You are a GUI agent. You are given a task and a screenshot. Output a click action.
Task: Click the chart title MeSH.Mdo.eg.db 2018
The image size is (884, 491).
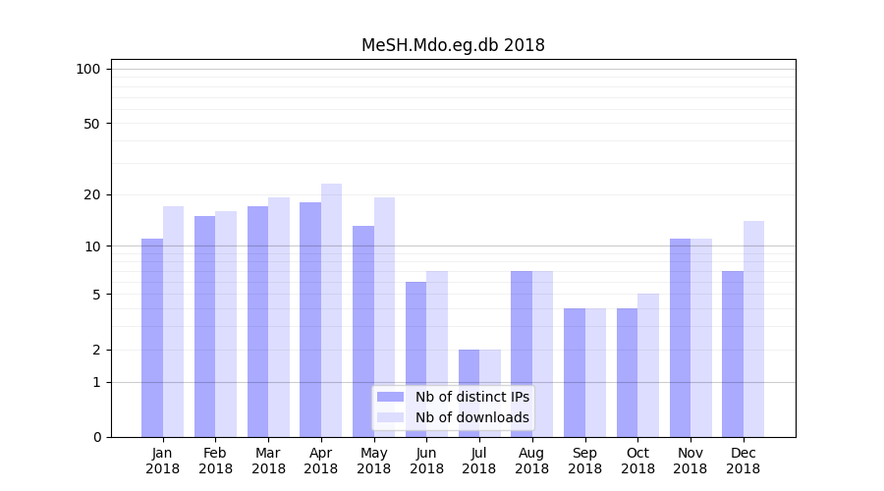(x=453, y=45)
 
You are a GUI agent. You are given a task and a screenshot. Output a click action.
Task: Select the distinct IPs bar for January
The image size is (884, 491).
(x=152, y=338)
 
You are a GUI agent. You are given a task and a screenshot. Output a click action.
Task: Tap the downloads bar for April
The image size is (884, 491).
(x=331, y=310)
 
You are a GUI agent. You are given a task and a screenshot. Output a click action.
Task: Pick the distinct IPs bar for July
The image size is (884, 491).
(x=469, y=393)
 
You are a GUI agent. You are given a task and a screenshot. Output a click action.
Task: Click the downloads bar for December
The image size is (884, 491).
(x=753, y=329)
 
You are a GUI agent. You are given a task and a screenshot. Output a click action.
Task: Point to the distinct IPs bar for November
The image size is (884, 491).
(x=680, y=338)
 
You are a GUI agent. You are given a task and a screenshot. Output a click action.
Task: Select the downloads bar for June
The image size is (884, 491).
(x=437, y=354)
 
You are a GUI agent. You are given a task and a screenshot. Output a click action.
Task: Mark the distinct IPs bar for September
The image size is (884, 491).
(x=574, y=373)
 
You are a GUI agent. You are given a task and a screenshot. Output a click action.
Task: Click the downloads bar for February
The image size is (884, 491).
(x=226, y=324)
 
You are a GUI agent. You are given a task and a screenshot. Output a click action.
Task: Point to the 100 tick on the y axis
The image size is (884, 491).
(x=88, y=69)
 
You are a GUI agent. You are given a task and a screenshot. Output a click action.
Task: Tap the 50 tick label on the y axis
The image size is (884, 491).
(x=91, y=124)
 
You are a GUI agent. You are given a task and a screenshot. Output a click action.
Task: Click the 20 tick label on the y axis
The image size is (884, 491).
(x=91, y=194)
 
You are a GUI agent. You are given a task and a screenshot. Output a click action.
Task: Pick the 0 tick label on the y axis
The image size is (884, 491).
(x=96, y=437)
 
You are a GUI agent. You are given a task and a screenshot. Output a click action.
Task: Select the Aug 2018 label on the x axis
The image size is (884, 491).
(x=531, y=461)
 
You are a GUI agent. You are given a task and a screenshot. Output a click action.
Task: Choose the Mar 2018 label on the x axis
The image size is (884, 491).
(x=268, y=461)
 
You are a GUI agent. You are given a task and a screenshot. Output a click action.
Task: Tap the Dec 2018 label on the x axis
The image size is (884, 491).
(x=743, y=461)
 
